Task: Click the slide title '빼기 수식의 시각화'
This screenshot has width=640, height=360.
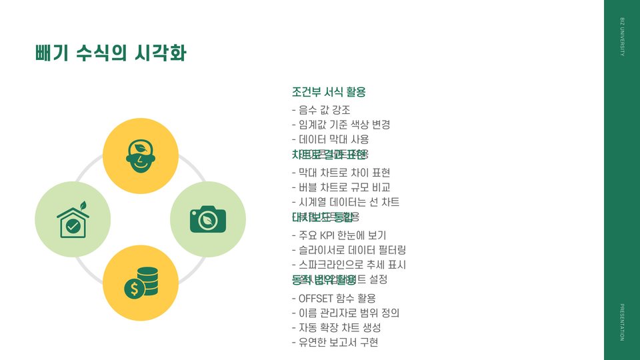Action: click(x=111, y=53)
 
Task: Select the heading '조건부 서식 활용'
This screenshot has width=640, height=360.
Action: click(x=329, y=92)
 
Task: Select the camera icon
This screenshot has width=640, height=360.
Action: click(x=208, y=219)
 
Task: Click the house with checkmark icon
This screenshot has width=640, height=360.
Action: click(x=73, y=219)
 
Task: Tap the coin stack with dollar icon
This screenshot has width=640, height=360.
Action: click(x=141, y=282)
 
